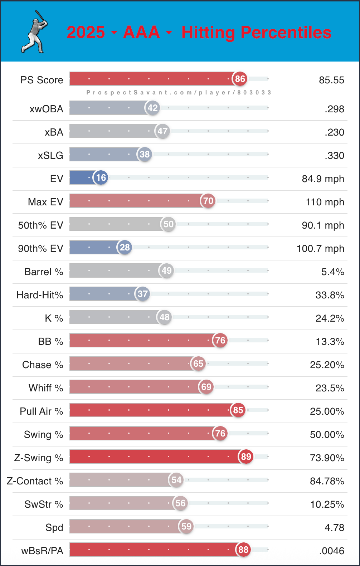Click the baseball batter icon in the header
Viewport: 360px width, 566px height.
35,32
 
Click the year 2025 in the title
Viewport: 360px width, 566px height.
86,32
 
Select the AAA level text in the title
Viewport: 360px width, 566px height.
141,32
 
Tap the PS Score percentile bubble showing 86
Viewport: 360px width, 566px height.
240,79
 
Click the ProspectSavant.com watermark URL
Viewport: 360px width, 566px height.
179,92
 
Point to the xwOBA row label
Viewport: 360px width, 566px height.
46,109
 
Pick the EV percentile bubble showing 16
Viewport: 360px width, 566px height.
101,177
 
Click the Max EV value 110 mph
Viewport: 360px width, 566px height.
325,202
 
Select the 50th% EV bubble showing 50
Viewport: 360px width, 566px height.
168,224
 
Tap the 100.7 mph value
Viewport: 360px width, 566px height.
320,249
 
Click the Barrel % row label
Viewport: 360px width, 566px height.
44,272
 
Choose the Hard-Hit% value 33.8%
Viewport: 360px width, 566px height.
330,295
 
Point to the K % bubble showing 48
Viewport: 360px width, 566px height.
164,317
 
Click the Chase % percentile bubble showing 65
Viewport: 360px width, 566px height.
198,363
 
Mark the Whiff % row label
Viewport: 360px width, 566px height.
46,388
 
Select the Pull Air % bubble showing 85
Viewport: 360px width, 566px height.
238,410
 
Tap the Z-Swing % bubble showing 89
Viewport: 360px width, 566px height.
246,457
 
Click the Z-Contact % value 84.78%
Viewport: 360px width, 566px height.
327,481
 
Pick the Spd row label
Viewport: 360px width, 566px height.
54,528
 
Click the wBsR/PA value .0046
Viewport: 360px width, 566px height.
331,551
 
